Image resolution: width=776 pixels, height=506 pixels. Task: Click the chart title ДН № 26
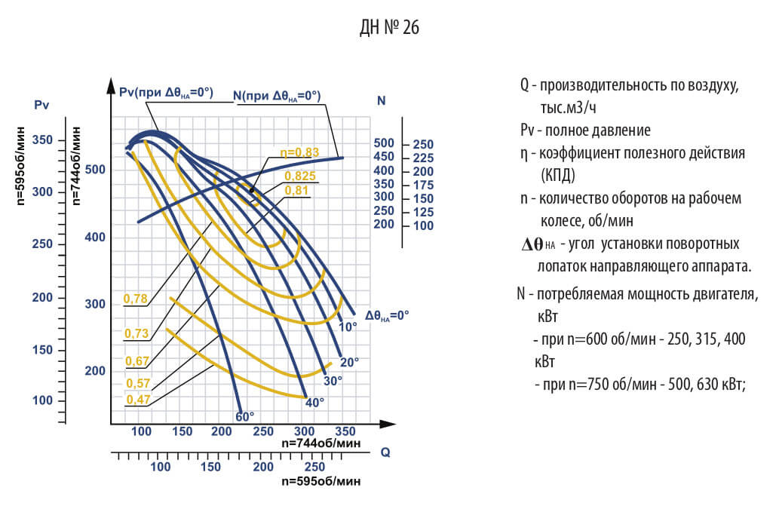click(x=388, y=28)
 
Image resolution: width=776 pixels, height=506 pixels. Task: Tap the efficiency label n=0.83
click(x=299, y=152)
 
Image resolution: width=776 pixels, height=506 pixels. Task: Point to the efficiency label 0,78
click(x=135, y=299)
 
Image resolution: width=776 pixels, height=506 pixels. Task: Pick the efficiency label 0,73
click(x=136, y=333)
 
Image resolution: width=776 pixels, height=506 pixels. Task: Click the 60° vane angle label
click(x=244, y=416)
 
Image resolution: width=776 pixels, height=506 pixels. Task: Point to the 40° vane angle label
click(x=314, y=402)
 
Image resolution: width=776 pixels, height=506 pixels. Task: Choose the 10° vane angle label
click(x=348, y=327)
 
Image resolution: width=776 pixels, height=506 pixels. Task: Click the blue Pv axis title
click(x=41, y=105)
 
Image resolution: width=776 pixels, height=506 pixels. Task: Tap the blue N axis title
click(x=382, y=100)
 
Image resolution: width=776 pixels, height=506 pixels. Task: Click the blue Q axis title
click(x=385, y=452)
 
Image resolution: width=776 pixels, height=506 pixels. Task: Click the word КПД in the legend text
click(x=558, y=176)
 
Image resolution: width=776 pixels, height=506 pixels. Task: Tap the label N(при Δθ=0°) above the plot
click(x=277, y=96)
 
